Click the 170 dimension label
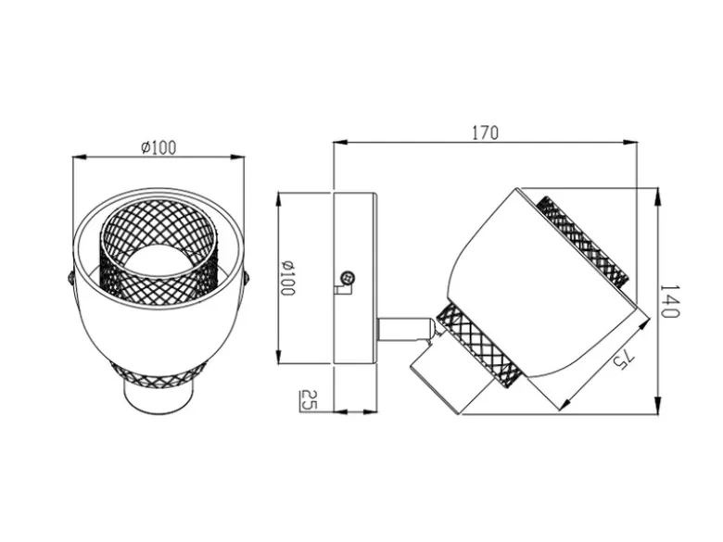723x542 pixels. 485,132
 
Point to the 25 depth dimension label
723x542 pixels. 309,399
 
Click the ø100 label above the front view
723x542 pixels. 159,147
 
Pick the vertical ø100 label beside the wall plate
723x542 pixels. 287,278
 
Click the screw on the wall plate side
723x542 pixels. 347,278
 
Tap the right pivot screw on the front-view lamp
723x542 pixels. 247,278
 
